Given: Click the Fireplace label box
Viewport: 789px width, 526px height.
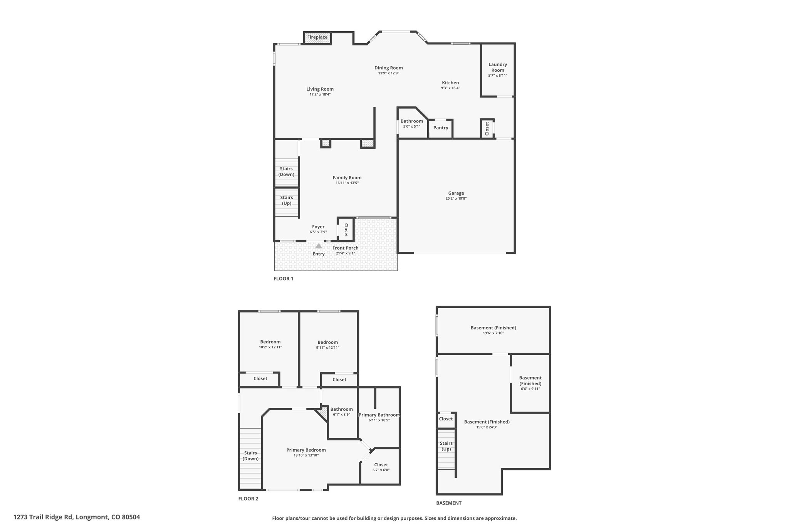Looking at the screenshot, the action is click(317, 37).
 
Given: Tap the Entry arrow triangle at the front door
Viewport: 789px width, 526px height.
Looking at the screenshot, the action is click(319, 246).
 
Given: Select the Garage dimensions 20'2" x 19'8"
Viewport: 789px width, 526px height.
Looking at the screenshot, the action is click(456, 198).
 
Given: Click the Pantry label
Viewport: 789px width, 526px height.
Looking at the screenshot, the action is click(441, 128).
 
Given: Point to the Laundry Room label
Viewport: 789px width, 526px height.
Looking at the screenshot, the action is click(498, 67).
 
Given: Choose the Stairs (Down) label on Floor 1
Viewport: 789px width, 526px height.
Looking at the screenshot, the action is click(287, 171).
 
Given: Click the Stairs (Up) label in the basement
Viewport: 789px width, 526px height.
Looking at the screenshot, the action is click(446, 446).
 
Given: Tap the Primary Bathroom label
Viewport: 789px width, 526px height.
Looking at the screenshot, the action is click(379, 415).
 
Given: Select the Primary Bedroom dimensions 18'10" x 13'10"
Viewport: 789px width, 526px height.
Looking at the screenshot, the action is click(306, 455).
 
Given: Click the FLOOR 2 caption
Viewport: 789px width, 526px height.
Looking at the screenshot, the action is click(248, 499).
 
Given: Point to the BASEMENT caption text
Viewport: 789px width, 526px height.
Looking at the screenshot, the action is click(449, 503).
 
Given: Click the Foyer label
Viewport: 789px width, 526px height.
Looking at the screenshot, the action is click(318, 227).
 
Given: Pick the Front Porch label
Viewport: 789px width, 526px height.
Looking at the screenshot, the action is click(346, 248).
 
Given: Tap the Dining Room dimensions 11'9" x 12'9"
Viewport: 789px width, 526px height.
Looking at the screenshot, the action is click(389, 73).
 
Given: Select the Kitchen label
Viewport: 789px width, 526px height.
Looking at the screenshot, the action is click(450, 82).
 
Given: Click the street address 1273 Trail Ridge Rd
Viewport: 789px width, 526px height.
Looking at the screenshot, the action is click(43, 517).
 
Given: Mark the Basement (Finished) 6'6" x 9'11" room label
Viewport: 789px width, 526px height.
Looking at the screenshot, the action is click(530, 383).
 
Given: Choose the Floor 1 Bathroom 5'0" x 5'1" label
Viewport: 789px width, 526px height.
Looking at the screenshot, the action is click(412, 123).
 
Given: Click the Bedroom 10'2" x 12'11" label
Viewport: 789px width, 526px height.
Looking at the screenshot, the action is click(270, 344).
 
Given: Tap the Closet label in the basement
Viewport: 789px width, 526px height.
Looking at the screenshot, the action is click(446, 419).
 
